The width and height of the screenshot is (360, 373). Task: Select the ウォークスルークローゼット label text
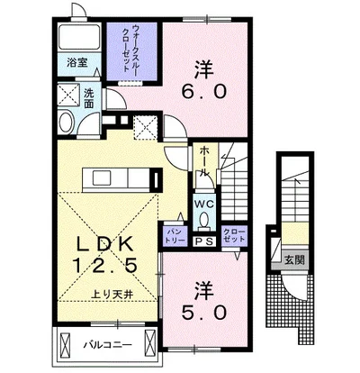(x=130, y=50)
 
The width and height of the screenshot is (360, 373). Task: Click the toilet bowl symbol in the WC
(x=203, y=219)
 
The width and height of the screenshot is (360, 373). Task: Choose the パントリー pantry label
(x=174, y=237)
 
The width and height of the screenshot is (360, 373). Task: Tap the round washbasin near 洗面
(x=67, y=124)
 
